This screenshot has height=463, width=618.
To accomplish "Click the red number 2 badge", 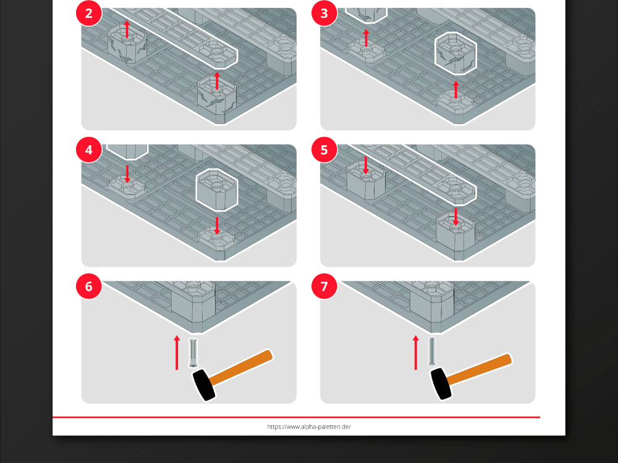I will tap(88, 14).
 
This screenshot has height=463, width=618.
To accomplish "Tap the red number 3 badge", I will tap(325, 14).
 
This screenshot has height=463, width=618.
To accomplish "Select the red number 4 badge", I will tap(88, 150).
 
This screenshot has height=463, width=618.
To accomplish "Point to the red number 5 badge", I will tap(325, 150).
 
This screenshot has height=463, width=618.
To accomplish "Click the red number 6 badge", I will tap(88, 286).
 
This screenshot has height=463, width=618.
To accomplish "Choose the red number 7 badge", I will tap(325, 286).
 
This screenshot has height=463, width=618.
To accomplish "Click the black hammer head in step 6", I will tap(204, 384).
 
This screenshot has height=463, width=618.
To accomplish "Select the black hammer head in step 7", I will tap(440, 383).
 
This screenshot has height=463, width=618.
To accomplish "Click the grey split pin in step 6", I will tap(193, 353).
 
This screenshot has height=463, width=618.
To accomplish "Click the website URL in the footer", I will tap(309, 427).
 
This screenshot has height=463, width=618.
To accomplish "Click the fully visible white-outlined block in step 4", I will tap(217, 190).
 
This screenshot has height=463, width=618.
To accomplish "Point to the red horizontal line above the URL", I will tap(297, 417).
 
